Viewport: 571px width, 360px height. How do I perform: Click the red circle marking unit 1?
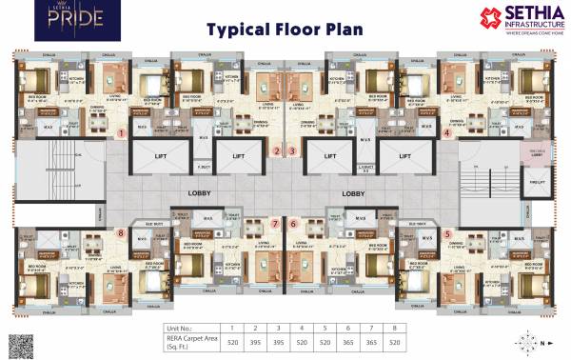(x=122, y=134)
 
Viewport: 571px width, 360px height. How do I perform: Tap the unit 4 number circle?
(x=447, y=133)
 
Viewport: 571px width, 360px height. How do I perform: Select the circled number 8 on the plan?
(x=121, y=231)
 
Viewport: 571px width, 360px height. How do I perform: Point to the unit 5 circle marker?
(x=447, y=232)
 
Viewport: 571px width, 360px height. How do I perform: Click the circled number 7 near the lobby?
(x=274, y=224)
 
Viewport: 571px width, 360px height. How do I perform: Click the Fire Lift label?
(x=535, y=181)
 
